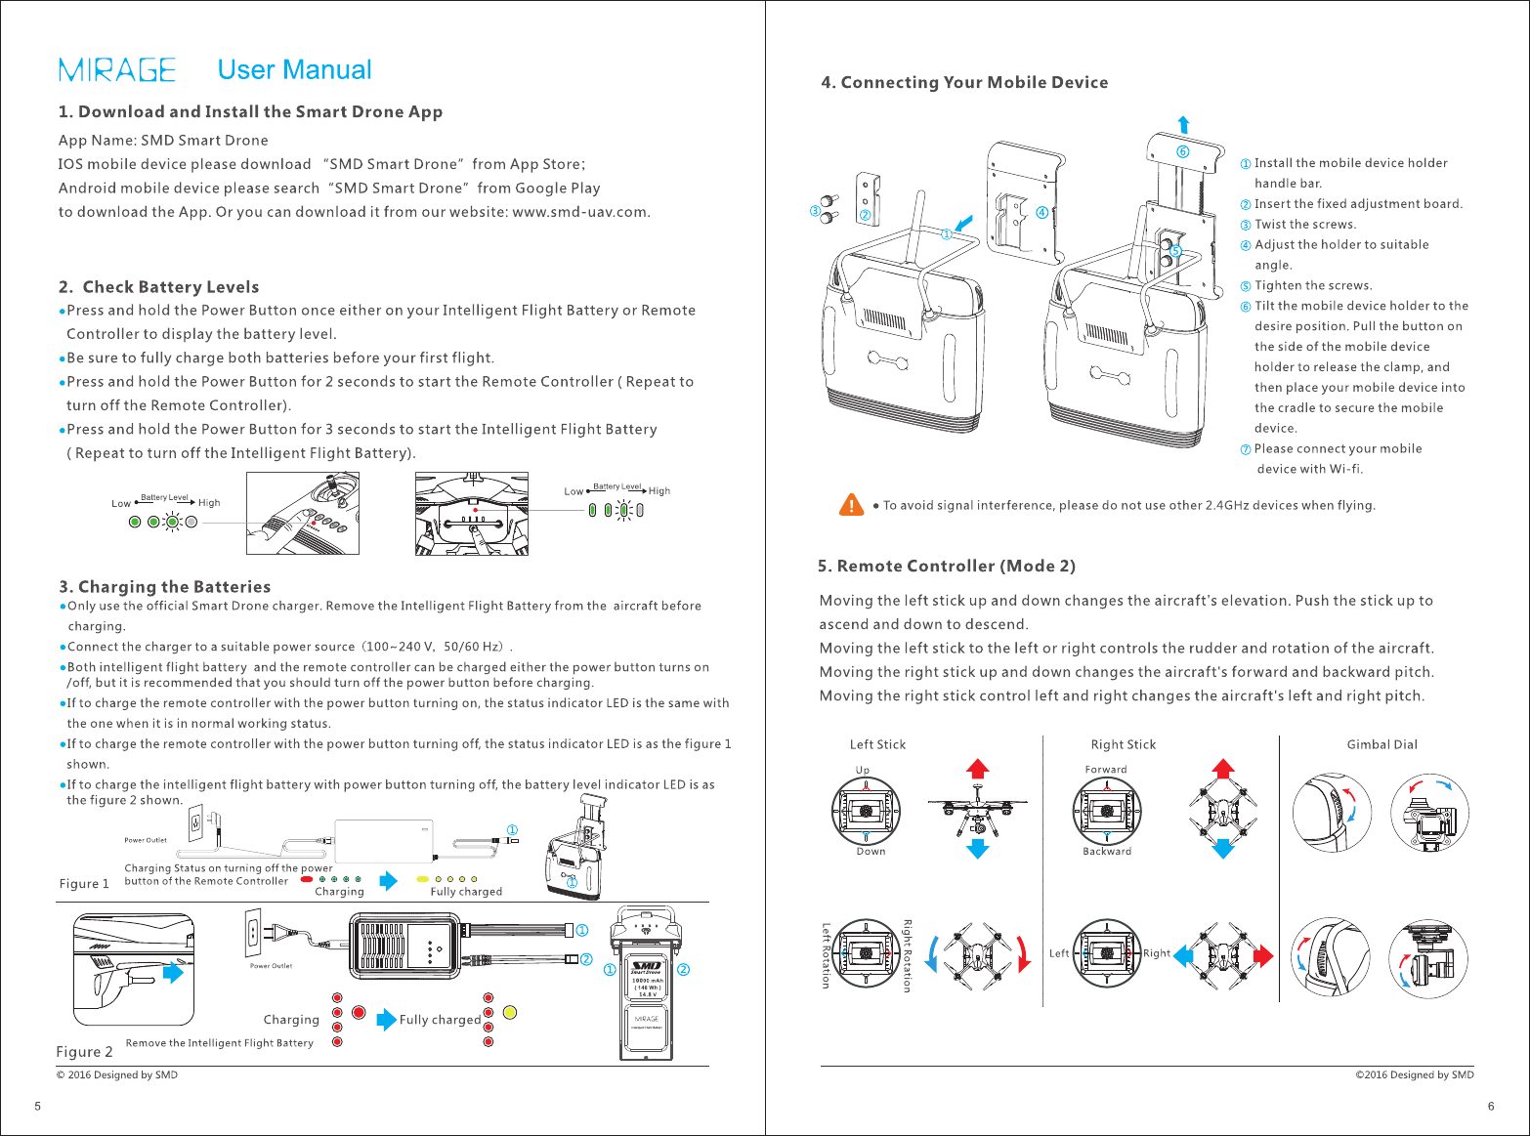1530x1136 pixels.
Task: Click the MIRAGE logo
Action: (x=117, y=70)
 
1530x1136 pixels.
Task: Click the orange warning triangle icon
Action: (x=851, y=505)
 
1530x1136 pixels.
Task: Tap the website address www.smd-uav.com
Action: (x=580, y=212)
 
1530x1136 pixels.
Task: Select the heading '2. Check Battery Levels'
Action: (x=158, y=287)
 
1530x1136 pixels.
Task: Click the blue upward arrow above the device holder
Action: (x=1183, y=124)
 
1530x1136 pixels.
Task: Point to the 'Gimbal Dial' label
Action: (x=1381, y=744)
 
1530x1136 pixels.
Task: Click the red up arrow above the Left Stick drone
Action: (x=977, y=768)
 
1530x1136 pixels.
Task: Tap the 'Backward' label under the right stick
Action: (x=1107, y=852)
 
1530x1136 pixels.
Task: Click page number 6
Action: (x=1491, y=1107)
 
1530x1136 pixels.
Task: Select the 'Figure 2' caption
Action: (x=84, y=1052)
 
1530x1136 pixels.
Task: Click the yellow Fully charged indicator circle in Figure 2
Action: (x=509, y=1012)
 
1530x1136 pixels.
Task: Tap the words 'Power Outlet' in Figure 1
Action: (x=146, y=840)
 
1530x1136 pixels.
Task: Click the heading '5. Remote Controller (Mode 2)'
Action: (x=946, y=567)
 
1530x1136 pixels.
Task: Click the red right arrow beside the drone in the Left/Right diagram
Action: (x=1262, y=955)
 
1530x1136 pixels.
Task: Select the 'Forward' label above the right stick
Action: (x=1106, y=770)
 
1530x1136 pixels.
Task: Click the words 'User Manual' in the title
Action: (x=294, y=70)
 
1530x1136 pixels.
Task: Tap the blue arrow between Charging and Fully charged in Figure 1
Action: (x=389, y=881)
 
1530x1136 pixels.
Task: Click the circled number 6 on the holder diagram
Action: (x=1182, y=151)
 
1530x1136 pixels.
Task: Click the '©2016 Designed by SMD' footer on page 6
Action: (x=1414, y=1074)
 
